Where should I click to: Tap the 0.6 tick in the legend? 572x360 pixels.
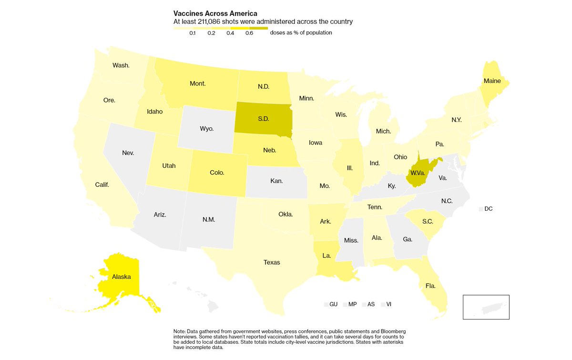tap(249, 33)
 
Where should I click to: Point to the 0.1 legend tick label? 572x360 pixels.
tap(192, 33)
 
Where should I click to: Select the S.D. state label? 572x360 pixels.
tap(263, 118)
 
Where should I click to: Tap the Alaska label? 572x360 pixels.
tap(121, 277)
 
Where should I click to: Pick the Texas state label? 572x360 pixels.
tap(272, 262)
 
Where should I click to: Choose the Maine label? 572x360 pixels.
tap(492, 81)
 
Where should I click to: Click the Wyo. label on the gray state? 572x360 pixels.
tap(206, 129)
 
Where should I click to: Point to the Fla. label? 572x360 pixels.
tap(431, 286)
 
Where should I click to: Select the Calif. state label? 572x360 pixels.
tap(102, 184)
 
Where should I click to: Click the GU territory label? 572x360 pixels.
tap(333, 304)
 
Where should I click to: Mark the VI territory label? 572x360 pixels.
tap(389, 304)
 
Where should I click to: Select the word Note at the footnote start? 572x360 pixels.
tap(179, 331)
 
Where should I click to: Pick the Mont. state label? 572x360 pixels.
tap(197, 83)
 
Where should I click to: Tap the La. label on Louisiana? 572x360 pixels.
tap(327, 256)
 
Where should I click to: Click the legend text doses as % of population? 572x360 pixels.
tap(301, 33)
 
